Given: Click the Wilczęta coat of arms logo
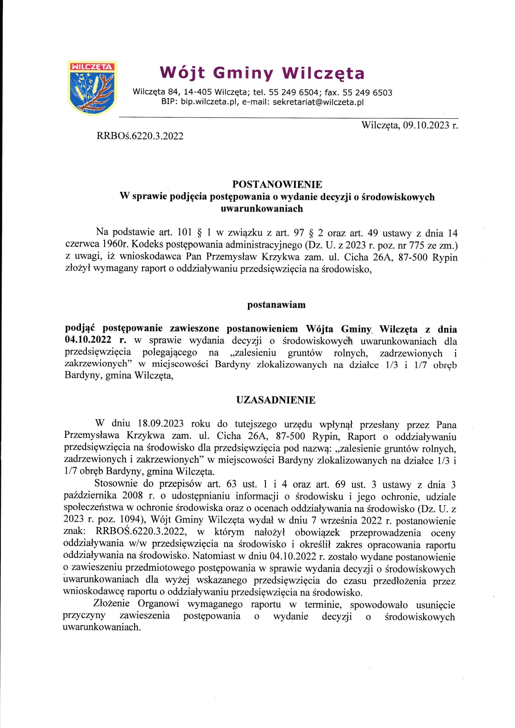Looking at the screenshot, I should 92,88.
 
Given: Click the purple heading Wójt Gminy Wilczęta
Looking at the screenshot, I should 262,73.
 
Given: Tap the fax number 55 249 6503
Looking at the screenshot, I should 367,93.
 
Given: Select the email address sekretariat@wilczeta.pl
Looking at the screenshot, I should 318,102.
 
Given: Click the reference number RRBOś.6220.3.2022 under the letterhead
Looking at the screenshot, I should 140,136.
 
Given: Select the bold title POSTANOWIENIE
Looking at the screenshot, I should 277,184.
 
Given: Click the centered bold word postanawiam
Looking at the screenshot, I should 276,305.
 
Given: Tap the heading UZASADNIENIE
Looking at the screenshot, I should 276,400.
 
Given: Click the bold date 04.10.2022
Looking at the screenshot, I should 88,340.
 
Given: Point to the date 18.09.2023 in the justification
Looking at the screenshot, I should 160,424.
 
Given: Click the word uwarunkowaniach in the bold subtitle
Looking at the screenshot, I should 262,209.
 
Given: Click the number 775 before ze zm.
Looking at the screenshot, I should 417,245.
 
